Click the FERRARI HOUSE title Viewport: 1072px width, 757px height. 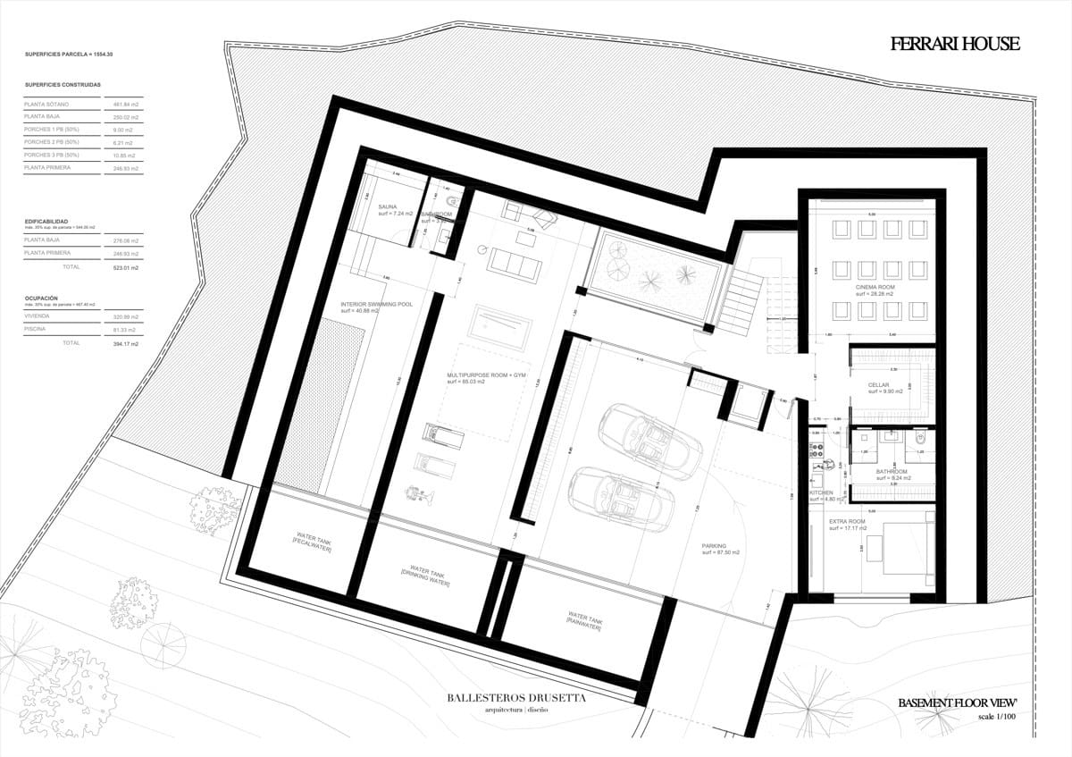pos(954,44)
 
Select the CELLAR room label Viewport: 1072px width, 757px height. pos(878,384)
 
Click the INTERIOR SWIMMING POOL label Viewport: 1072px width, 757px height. pos(376,304)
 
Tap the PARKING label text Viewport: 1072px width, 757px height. pos(714,546)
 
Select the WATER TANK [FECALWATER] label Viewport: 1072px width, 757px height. pos(307,543)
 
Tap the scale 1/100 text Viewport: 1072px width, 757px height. pos(997,717)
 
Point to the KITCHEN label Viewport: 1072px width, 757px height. pos(821,492)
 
